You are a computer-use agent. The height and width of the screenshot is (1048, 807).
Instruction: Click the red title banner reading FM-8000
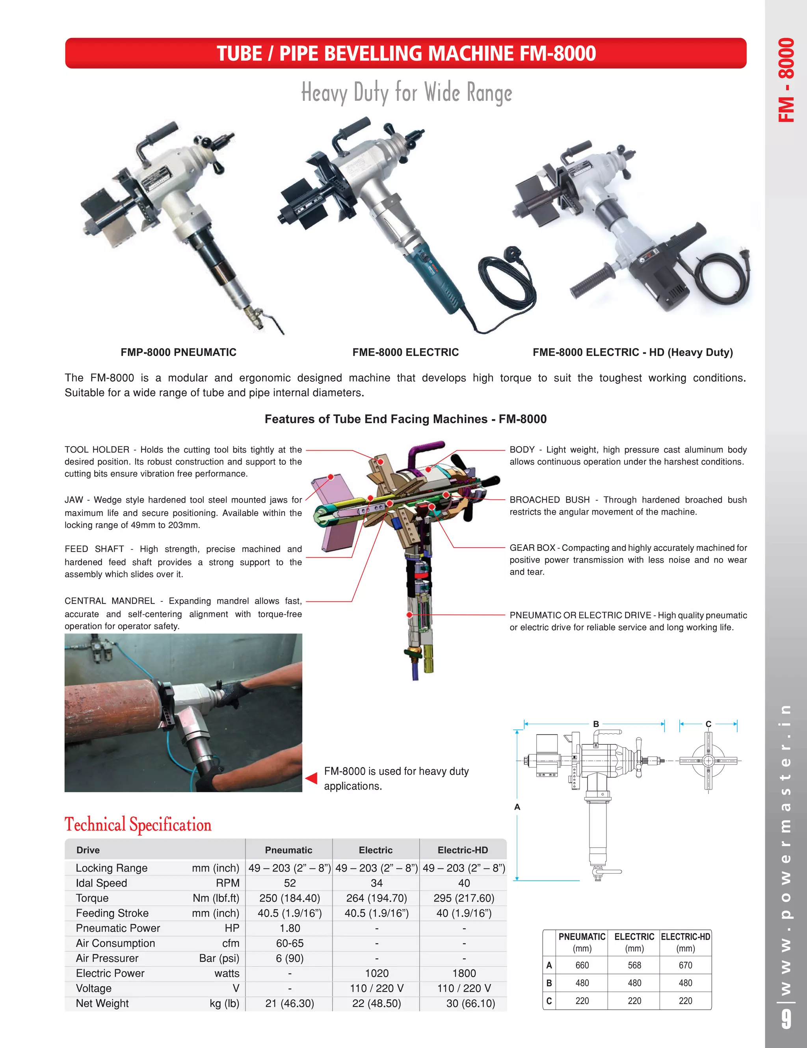[405, 53]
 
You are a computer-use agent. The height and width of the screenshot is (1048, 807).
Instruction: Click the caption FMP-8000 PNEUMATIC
[178, 352]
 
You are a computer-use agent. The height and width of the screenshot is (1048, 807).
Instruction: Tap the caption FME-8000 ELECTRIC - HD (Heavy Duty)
[632, 352]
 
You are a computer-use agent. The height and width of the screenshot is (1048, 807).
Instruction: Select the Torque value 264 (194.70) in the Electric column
[376, 898]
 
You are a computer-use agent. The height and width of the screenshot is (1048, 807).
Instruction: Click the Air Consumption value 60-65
[290, 943]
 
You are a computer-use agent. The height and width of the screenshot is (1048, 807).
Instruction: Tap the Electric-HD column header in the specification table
[462, 850]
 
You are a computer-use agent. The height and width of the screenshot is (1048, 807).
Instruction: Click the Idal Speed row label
[101, 883]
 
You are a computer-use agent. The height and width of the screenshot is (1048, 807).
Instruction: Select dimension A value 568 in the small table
[634, 965]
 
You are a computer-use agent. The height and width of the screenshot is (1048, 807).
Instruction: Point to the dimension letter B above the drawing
[596, 723]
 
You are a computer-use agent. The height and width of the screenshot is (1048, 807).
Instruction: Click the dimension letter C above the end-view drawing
[708, 723]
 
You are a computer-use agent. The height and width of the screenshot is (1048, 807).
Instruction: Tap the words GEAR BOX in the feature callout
[532, 547]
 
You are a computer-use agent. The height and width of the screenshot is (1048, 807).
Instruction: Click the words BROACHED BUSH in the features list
[549, 499]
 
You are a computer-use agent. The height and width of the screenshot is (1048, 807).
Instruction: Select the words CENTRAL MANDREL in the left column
[110, 601]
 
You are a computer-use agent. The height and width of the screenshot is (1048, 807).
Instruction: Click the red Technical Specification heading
[138, 825]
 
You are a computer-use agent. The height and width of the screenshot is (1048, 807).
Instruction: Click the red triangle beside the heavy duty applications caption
[312, 778]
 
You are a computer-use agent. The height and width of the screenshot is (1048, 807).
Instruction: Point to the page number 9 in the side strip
[785, 1018]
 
